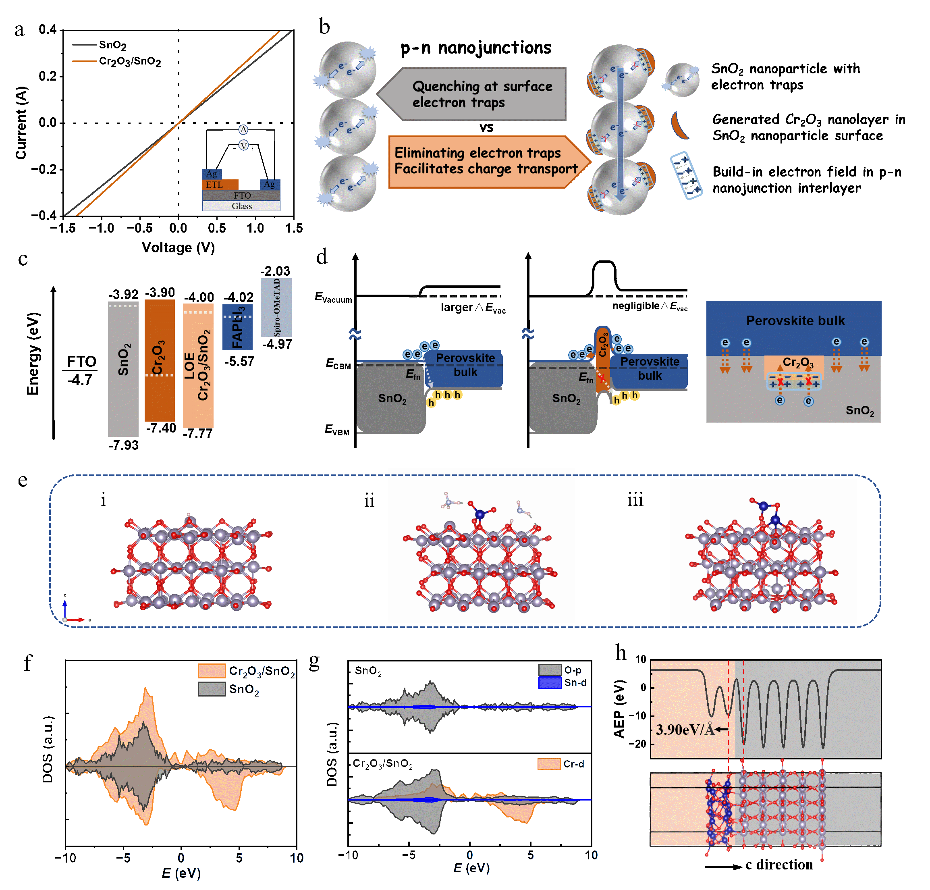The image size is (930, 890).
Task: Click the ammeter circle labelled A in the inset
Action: (243, 129)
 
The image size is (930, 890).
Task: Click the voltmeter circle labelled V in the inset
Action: (243, 146)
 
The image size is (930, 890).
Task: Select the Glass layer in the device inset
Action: (241, 206)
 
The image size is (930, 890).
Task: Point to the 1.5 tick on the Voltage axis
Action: (294, 228)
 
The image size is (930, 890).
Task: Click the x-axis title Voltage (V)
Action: (179, 247)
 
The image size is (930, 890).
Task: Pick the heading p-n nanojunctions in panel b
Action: (475, 48)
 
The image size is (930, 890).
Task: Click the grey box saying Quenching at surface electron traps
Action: (482, 94)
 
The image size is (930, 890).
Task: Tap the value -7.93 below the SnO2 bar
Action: (123, 445)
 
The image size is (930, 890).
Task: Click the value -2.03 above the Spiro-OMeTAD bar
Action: (275, 271)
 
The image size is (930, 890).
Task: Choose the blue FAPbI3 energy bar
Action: (238, 327)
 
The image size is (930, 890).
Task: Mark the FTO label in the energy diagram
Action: (81, 362)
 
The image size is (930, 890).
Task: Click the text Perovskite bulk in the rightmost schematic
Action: (795, 321)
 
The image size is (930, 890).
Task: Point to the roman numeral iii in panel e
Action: (635, 500)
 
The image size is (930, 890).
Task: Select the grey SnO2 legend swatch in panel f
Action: (212, 689)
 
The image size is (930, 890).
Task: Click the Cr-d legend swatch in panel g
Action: (549, 764)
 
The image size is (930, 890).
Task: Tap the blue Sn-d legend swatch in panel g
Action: (550, 683)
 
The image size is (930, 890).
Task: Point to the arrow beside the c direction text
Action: (723, 867)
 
